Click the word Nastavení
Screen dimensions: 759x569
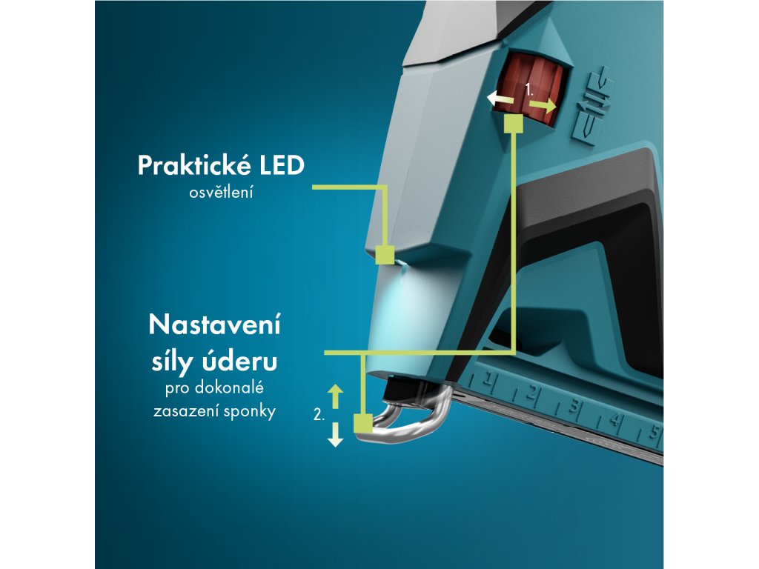click(x=214, y=326)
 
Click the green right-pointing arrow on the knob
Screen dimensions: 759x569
click(x=542, y=106)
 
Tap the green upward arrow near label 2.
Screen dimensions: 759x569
click(x=336, y=395)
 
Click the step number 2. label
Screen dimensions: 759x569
click(x=319, y=416)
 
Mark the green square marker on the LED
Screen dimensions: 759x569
click(x=384, y=256)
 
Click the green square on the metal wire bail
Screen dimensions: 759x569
click(x=362, y=424)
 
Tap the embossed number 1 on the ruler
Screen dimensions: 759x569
click(x=490, y=382)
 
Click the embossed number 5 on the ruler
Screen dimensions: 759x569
click(x=654, y=433)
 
